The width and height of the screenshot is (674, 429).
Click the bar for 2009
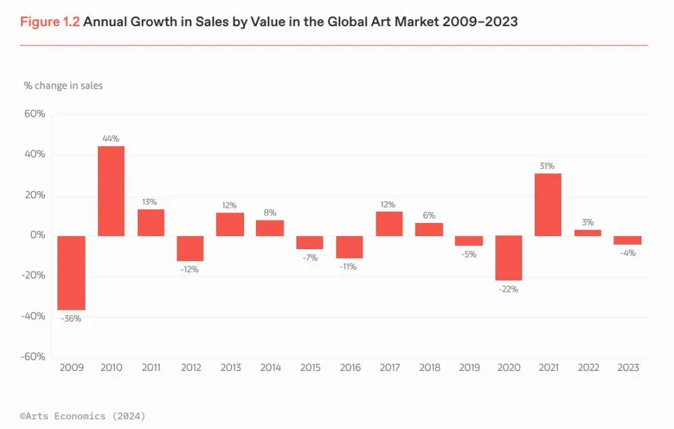point(71,273)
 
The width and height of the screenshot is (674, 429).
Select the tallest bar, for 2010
point(111,191)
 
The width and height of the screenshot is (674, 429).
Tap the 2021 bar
point(547,205)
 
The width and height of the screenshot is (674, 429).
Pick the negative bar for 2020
point(508,258)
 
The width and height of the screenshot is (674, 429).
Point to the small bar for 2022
point(587,233)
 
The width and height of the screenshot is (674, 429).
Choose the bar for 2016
point(349,247)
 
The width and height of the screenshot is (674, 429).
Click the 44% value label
point(111,139)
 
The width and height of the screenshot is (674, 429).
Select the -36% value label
point(71,318)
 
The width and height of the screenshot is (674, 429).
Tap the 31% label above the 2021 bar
point(547,166)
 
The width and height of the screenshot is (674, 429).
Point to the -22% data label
point(508,289)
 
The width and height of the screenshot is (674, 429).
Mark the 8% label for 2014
point(270,212)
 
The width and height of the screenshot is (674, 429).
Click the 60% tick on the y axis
point(35,114)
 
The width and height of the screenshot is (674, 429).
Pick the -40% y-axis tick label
point(33,316)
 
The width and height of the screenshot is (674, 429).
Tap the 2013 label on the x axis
point(230,367)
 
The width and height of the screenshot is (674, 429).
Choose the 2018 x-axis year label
point(429,367)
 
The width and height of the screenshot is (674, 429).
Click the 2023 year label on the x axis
point(627,367)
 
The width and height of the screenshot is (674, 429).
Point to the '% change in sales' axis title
point(64,86)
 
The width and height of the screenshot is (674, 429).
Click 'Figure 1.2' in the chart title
point(50,22)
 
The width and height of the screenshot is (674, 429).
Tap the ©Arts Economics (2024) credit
point(82,415)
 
